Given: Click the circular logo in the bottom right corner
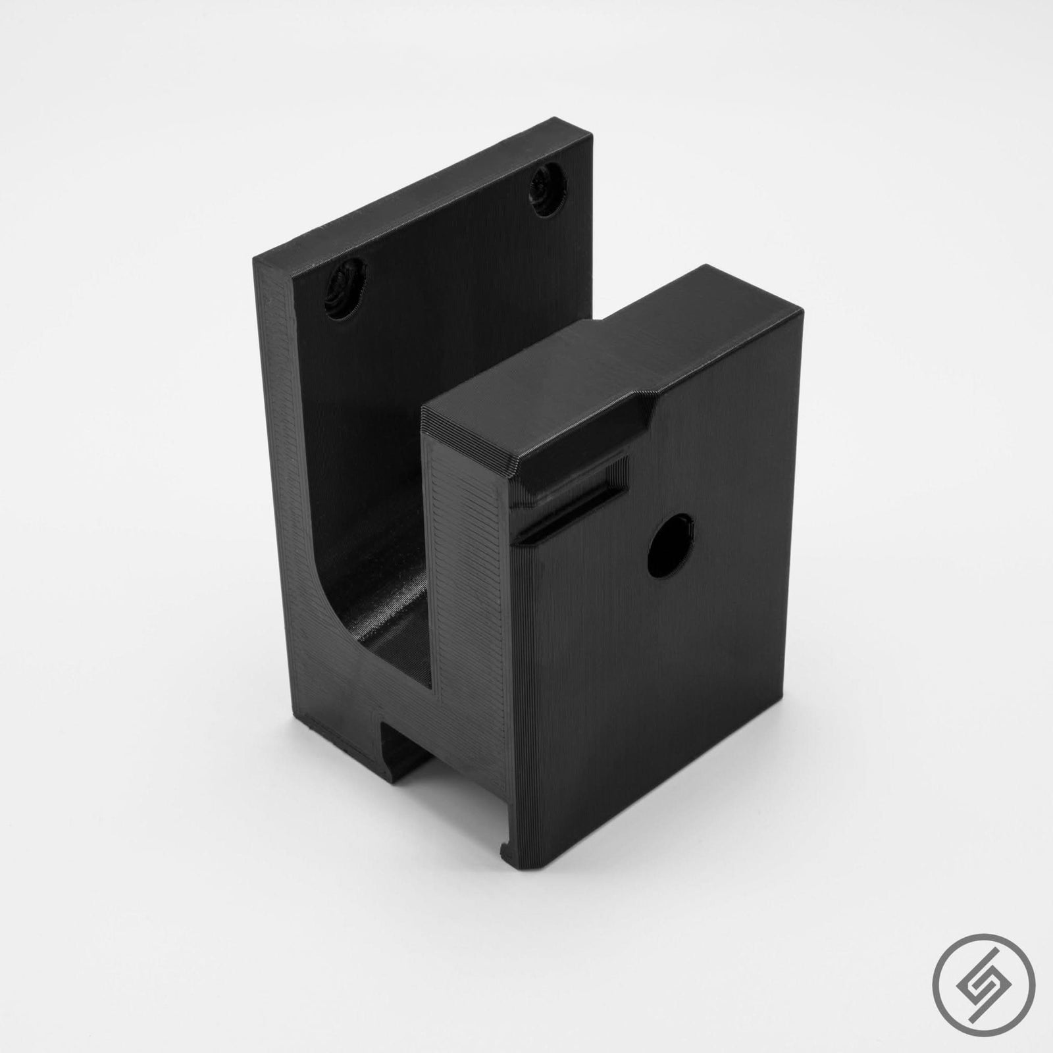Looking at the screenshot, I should click(x=992, y=992).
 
